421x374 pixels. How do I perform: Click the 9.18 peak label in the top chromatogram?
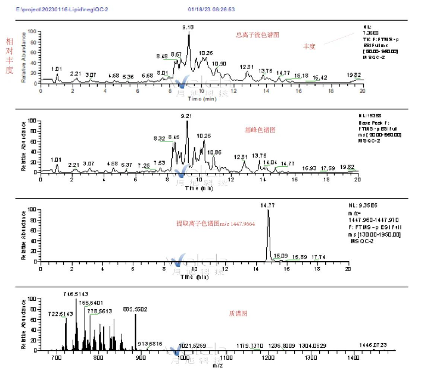pos(188,27)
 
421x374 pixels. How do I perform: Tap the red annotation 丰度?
pos(309,46)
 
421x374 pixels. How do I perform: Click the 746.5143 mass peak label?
pos(77,294)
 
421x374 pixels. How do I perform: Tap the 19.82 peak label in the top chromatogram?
pos(354,75)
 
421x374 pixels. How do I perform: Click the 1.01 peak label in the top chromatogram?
pos(57,69)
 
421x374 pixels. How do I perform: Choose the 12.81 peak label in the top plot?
pos(247,67)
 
